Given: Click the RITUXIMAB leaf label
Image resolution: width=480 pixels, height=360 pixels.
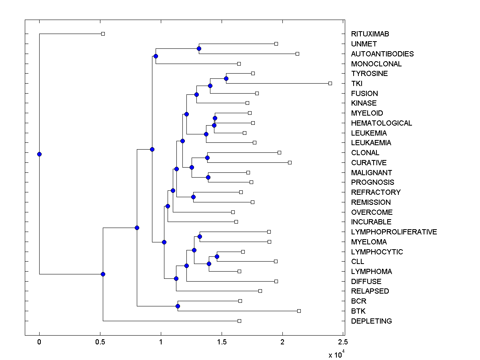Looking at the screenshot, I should (x=370, y=34).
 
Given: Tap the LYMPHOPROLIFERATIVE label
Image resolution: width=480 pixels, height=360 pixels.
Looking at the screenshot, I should (x=394, y=232).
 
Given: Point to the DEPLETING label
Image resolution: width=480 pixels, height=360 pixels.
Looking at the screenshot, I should (x=372, y=321).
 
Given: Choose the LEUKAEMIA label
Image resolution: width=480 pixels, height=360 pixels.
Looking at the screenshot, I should (x=371, y=143).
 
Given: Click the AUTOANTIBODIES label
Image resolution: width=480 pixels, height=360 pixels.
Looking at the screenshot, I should (x=382, y=54).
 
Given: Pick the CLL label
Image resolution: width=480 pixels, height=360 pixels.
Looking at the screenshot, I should (x=358, y=262).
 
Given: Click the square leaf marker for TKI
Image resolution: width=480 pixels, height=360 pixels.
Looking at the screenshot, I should (x=330, y=83).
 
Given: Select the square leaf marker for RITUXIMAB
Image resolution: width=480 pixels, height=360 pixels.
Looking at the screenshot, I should (x=103, y=34).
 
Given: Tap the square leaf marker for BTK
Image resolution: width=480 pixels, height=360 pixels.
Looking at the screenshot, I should (x=299, y=311).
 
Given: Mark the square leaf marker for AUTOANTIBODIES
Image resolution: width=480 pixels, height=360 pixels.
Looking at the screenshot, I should (x=297, y=54).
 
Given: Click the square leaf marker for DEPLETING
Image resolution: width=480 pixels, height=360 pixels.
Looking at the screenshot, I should (x=239, y=321).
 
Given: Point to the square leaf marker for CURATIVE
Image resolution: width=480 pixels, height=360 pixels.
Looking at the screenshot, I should (x=290, y=162).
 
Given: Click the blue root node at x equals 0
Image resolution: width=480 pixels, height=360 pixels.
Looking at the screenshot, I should (x=39, y=154).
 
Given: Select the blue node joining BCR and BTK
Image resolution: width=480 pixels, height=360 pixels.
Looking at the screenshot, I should (x=178, y=306).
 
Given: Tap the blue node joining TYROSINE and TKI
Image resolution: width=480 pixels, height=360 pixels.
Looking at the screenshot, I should (x=226, y=78).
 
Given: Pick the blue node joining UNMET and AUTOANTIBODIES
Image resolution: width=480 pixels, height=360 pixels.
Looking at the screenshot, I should (x=199, y=48).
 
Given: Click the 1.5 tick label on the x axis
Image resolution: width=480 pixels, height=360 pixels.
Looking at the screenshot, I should (x=222, y=342).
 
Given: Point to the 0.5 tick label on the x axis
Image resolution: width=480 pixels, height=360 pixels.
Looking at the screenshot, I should (x=100, y=342).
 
